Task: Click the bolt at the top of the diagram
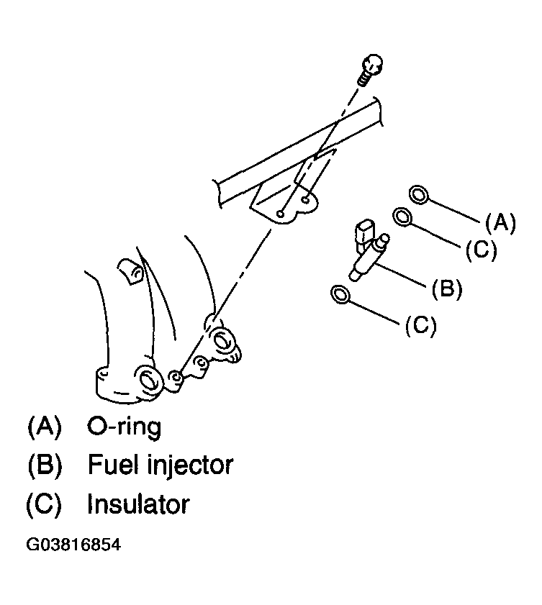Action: tap(371, 70)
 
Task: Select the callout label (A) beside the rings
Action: tap(500, 223)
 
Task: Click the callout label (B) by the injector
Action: tap(447, 288)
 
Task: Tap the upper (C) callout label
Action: tap(481, 250)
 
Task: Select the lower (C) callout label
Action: tap(421, 326)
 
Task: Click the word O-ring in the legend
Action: tap(124, 427)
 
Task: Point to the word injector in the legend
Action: tap(190, 465)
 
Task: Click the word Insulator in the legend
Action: tap(138, 504)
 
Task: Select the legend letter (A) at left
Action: tap(45, 427)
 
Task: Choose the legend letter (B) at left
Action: tap(45, 465)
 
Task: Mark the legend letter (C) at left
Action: tap(44, 504)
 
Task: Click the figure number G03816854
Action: tap(73, 545)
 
